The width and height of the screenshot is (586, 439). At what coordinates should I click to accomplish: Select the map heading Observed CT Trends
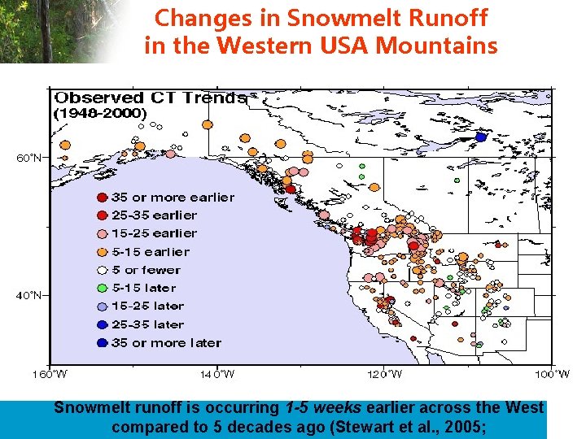point(150,98)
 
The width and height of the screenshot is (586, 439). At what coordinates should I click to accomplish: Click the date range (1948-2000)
point(100,113)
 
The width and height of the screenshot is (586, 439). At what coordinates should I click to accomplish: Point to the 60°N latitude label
point(29,158)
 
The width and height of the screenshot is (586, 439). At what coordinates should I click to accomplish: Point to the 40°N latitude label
point(29,296)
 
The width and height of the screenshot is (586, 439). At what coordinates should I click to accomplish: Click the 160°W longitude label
point(50,374)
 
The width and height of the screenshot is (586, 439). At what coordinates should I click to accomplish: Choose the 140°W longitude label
point(217,374)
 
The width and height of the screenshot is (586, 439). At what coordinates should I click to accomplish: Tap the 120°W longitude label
point(384,374)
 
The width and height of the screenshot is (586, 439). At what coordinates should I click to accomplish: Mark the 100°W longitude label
point(553,374)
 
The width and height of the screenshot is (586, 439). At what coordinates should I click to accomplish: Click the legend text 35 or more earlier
point(173,198)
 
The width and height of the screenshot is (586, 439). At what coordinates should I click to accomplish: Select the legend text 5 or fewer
point(146,270)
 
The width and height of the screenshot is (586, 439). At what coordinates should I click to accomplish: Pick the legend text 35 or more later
point(166,342)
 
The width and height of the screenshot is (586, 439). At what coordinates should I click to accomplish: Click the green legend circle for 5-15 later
point(102,288)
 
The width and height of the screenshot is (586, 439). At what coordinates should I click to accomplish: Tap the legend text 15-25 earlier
point(154,233)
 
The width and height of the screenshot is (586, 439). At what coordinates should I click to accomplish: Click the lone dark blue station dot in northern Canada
point(481,137)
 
